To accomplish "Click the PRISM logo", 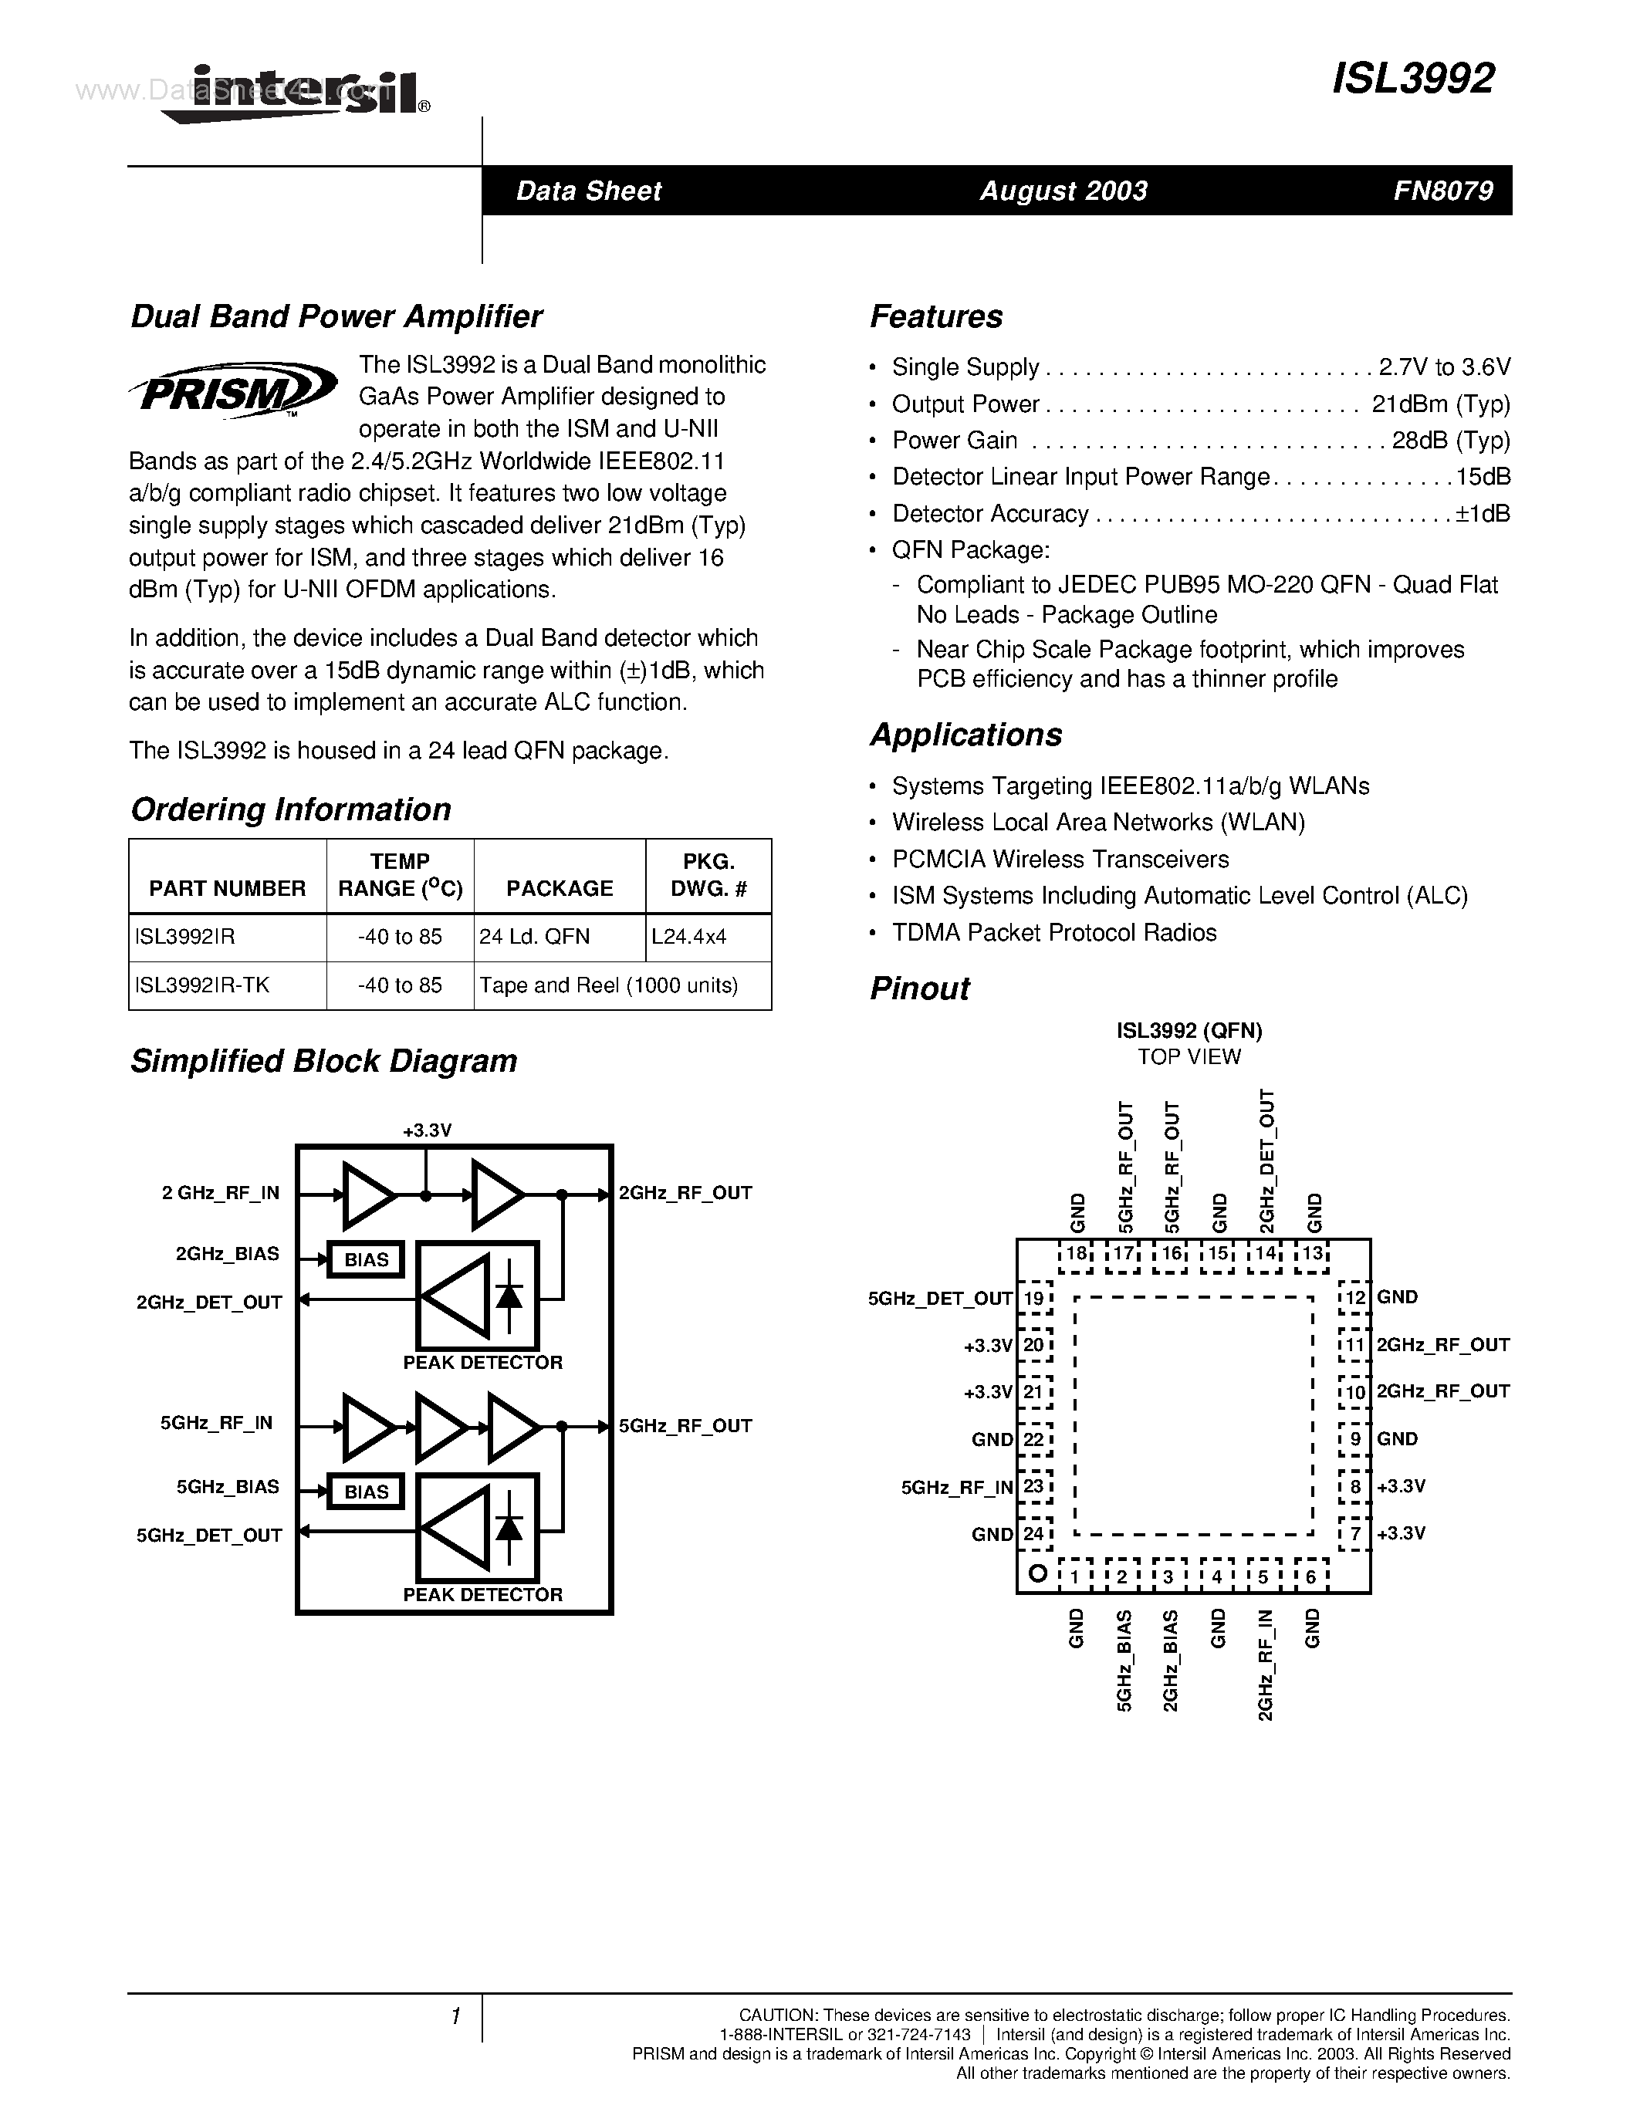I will point(234,390).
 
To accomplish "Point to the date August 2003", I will point(1063,191).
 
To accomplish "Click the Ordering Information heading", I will point(290,809).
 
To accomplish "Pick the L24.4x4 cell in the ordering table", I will point(689,937).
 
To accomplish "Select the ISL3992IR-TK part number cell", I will point(202,985).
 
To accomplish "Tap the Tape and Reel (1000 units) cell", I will point(609,985).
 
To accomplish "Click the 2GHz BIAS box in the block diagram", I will point(367,1259).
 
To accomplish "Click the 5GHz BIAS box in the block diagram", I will point(367,1492).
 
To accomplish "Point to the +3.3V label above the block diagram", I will point(427,1130).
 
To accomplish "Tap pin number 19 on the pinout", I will point(1033,1298).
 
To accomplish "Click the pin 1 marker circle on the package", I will point(1037,1573).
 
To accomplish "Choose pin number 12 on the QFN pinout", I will point(1354,1297).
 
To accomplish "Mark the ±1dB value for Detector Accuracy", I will point(1483,514).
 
